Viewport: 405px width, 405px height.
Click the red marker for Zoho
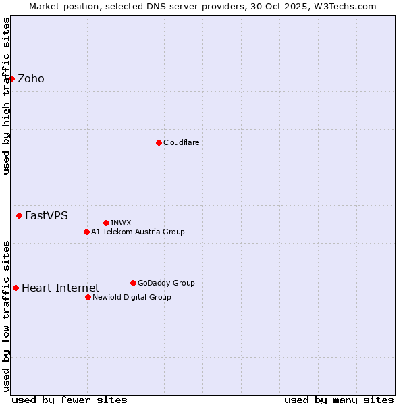pos(11,78)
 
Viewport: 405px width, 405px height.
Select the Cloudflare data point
pos(159,142)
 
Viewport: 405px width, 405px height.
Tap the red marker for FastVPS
pos(19,215)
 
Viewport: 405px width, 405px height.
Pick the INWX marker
pos(106,223)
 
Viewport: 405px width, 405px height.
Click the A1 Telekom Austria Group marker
pos(86,232)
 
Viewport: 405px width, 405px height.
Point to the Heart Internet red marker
pos(16,288)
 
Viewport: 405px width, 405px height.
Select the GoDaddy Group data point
pos(133,283)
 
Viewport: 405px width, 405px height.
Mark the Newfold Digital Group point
pos(88,297)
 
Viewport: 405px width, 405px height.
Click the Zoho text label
pos(31,79)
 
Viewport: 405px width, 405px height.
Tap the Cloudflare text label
pos(182,142)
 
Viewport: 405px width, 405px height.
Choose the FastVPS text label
pos(47,216)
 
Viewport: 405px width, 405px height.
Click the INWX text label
pos(121,223)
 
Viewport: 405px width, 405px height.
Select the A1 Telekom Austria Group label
pos(138,232)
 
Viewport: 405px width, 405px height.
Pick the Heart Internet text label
pos(60,288)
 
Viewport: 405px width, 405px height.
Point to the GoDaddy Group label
pos(166,283)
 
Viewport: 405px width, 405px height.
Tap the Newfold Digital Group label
pos(132,297)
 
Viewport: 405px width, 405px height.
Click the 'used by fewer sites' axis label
pos(70,400)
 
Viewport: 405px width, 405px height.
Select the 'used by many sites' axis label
pos(339,400)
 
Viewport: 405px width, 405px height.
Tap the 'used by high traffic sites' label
pos(6,96)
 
